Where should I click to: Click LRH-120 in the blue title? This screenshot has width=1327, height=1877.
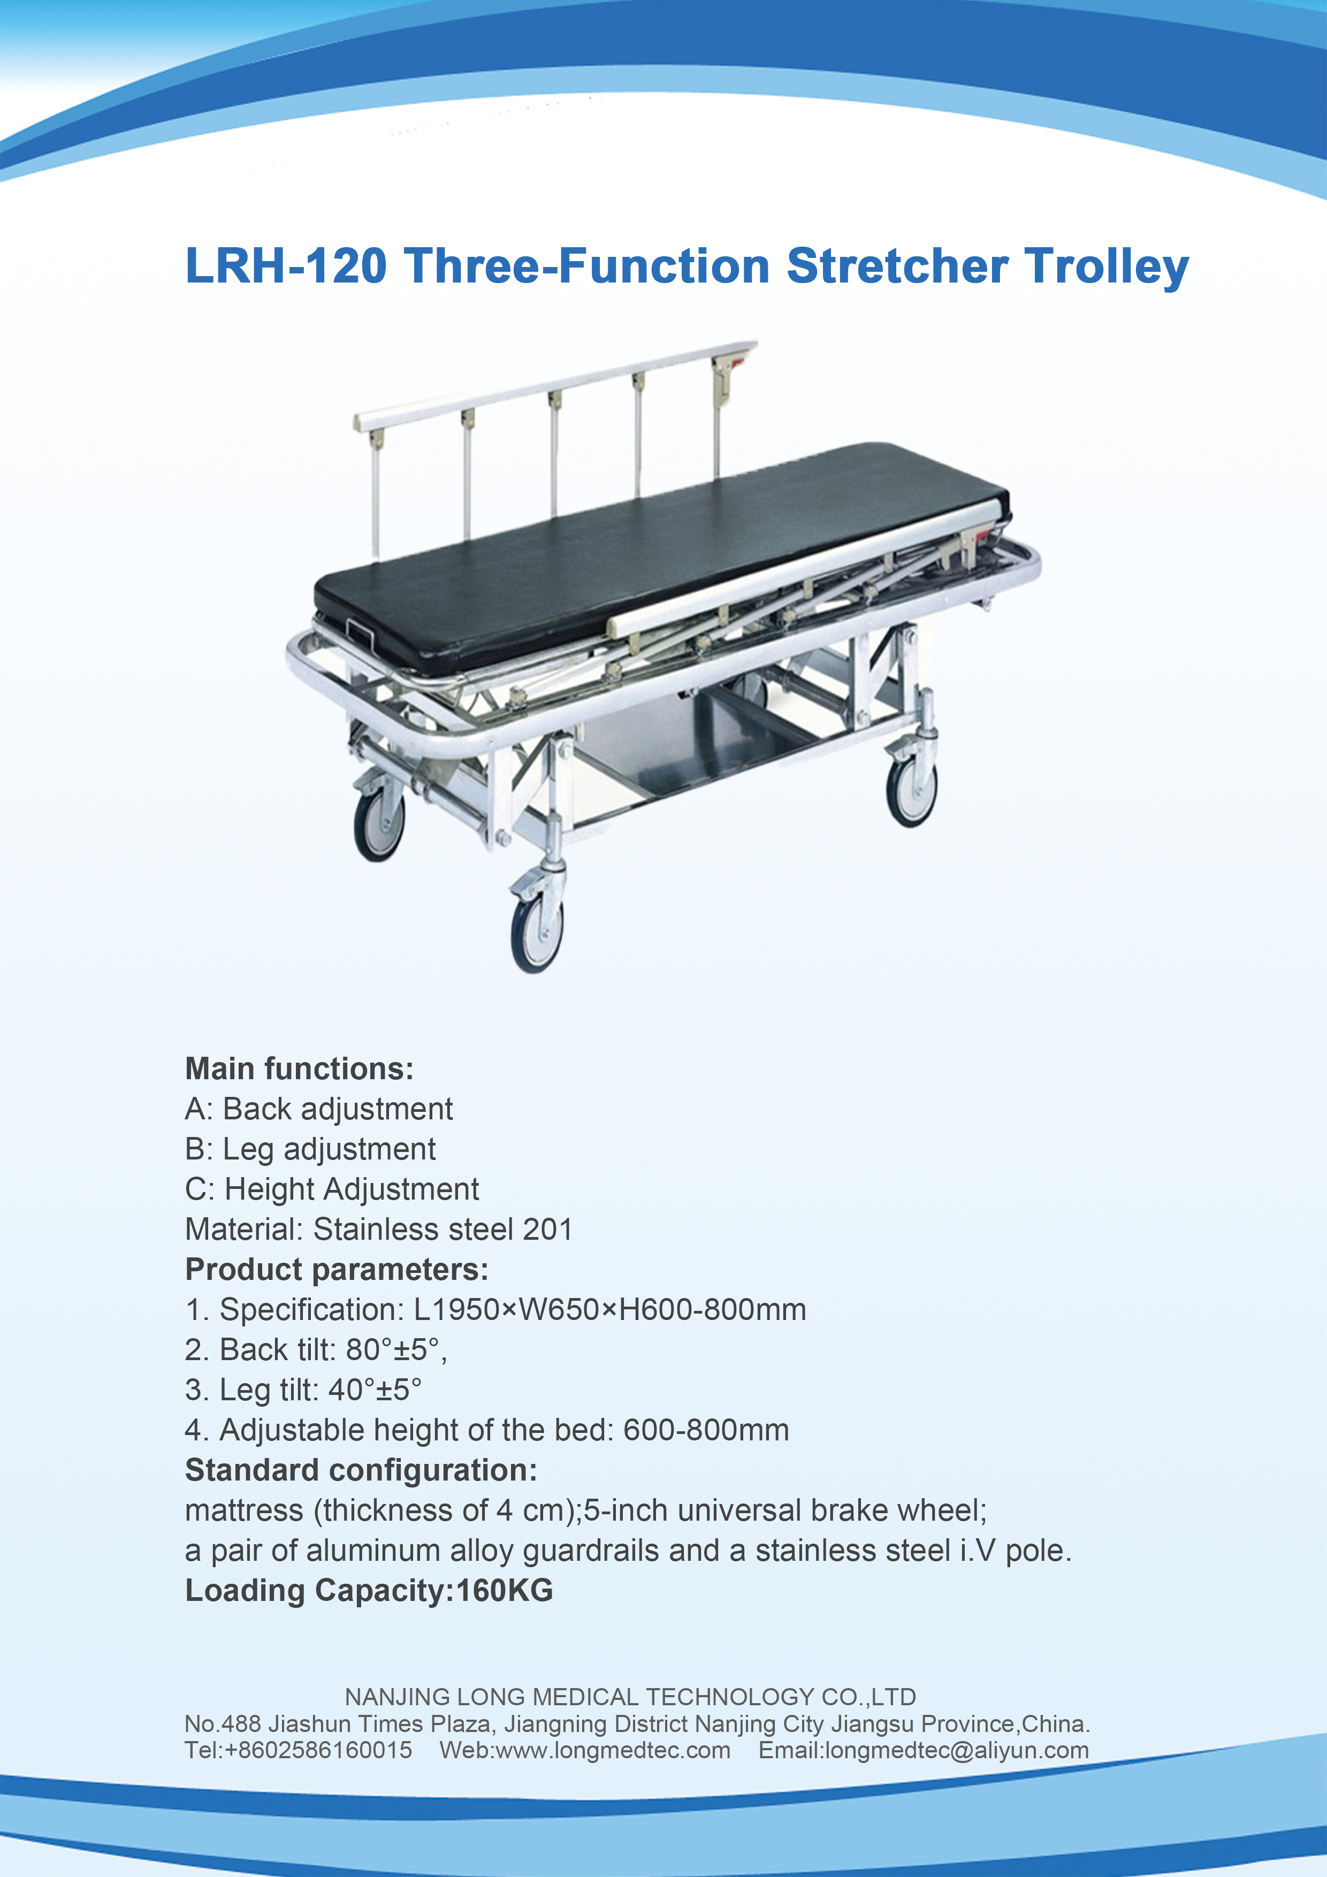[x=286, y=266]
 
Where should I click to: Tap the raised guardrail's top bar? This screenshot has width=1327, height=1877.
[x=556, y=383]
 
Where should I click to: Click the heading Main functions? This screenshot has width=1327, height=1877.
[x=299, y=1069]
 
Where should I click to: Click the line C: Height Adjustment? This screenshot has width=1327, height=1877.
[x=331, y=1189]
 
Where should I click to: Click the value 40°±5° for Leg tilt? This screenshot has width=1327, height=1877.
[x=375, y=1389]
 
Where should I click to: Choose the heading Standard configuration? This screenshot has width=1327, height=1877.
[x=361, y=1469]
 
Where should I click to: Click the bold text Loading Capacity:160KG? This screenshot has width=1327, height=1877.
[x=369, y=1590]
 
